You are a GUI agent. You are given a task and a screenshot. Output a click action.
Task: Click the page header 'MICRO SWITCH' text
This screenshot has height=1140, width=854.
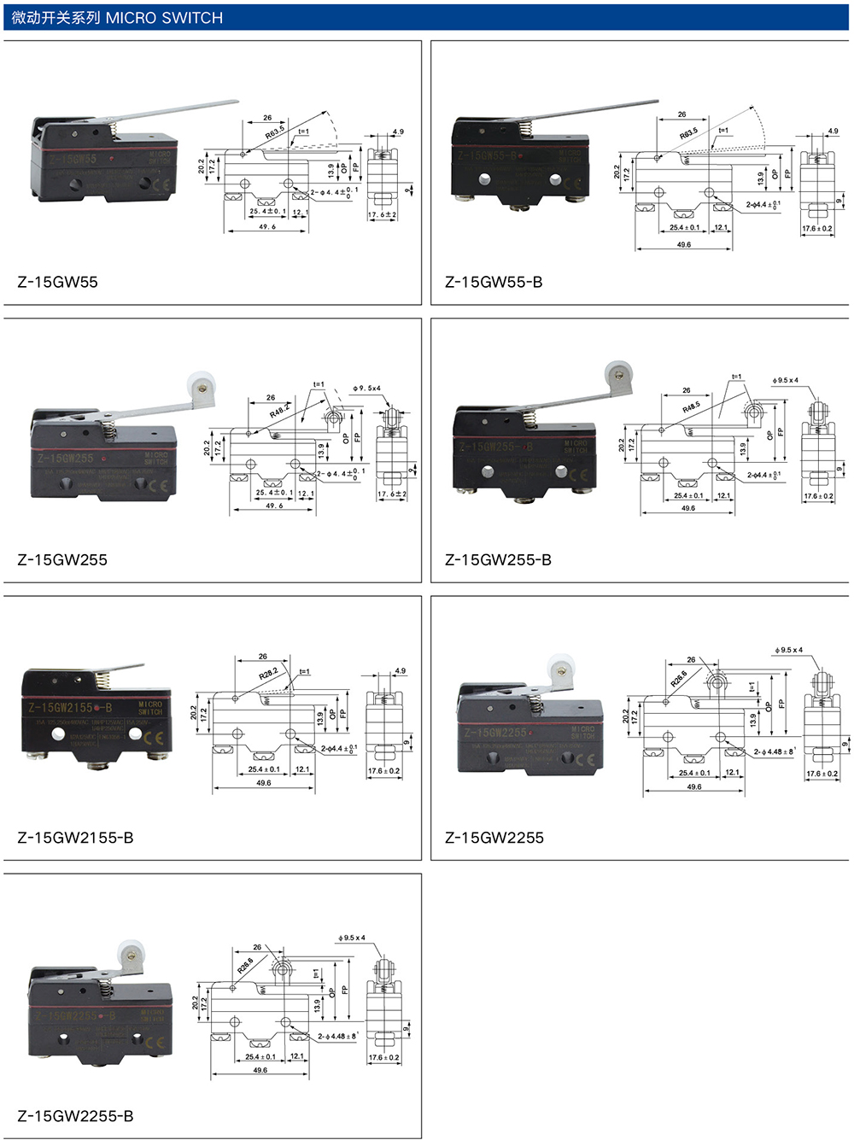click(164, 18)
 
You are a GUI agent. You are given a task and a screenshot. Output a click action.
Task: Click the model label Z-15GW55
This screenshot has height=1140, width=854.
click(57, 283)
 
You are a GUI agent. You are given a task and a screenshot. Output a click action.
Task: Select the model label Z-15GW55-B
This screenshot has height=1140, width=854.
click(494, 283)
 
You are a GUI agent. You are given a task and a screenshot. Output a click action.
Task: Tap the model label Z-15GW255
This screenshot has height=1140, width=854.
click(62, 560)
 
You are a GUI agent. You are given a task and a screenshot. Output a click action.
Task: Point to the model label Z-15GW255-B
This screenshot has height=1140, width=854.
click(498, 560)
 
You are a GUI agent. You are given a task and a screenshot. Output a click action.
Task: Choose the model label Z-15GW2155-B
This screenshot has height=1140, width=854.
click(75, 838)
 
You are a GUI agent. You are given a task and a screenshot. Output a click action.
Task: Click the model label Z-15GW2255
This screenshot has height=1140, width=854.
click(494, 838)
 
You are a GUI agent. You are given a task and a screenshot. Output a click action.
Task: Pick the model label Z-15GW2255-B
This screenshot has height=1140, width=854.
click(75, 1116)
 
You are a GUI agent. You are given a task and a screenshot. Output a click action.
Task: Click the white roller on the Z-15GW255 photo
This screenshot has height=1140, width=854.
click(201, 384)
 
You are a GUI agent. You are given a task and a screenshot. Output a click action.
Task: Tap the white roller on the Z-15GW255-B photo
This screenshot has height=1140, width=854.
click(619, 374)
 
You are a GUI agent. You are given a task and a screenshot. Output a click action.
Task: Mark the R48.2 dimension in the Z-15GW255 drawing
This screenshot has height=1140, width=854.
click(280, 412)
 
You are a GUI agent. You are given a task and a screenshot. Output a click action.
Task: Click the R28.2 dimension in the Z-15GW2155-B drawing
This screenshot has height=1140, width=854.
click(268, 675)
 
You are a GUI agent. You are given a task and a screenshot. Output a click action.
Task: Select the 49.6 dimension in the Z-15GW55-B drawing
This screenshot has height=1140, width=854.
click(683, 244)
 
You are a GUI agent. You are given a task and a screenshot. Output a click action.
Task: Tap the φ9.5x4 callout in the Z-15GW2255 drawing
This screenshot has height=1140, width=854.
click(788, 650)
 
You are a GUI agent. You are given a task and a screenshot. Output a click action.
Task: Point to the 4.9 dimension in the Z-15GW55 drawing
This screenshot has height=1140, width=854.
click(398, 132)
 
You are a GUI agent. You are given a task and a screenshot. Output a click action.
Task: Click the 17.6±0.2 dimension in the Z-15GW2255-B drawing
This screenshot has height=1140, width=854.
click(384, 1057)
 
